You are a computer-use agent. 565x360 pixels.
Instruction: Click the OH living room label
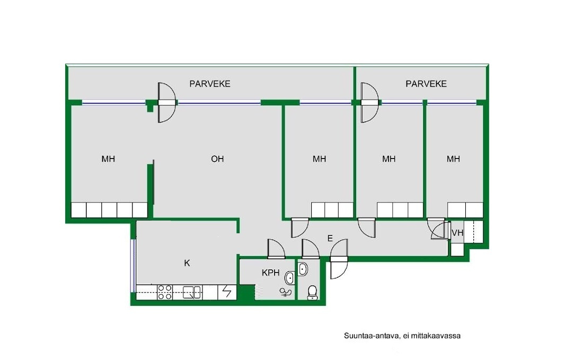coord(217,159)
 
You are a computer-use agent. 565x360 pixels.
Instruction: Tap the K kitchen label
coord(187,264)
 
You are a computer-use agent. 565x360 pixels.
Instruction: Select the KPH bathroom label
coord(271,273)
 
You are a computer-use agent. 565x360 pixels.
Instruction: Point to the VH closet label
coord(457,233)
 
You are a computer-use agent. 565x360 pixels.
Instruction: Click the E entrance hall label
coord(330,238)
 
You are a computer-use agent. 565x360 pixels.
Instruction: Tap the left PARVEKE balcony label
coord(210,84)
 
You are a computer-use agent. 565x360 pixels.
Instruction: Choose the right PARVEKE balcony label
coord(426,84)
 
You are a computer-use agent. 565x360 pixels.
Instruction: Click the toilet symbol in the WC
coord(312,292)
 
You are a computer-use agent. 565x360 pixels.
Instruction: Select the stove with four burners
coord(165,292)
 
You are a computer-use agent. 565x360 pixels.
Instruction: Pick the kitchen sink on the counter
coord(192,292)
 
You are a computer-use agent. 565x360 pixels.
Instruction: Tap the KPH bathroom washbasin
coord(290,278)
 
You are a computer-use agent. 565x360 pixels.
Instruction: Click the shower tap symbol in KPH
coord(285,292)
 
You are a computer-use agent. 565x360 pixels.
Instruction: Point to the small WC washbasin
coord(303,269)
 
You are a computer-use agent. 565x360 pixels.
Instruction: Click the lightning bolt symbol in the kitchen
coord(227,292)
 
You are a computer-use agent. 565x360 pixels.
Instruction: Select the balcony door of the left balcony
coord(166,103)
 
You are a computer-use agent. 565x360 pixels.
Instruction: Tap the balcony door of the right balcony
coord(370,103)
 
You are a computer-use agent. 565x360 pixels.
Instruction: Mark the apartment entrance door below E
coord(339,259)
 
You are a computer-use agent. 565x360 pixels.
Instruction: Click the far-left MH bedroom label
coord(108,159)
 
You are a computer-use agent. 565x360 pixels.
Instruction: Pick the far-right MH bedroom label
coord(453,159)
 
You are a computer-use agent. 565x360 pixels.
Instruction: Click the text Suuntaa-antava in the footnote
coord(371,336)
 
